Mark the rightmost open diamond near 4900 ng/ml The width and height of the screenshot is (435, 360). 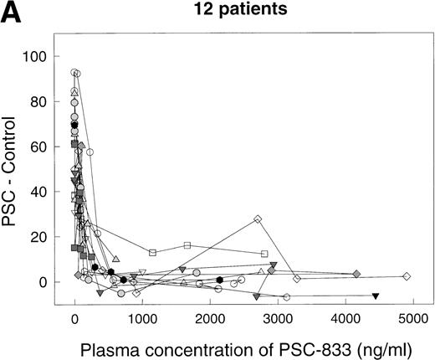(x=407, y=276)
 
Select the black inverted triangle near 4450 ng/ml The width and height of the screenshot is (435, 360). (x=376, y=296)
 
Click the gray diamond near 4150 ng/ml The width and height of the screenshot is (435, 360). (x=356, y=274)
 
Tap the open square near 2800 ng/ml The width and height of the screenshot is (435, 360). (x=264, y=254)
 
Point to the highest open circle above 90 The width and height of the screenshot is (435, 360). (x=75, y=73)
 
